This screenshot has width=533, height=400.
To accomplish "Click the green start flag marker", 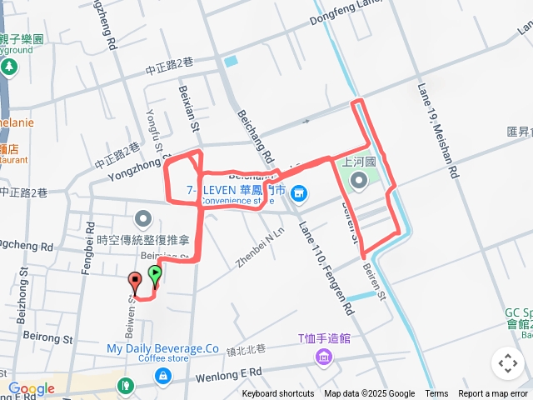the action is pyautogui.click(x=155, y=272).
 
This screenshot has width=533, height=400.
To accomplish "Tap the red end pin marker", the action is pyautogui.click(x=135, y=282).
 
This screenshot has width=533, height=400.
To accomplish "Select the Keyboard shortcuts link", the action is pyautogui.click(x=278, y=394).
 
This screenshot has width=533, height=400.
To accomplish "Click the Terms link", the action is pyautogui.click(x=436, y=394).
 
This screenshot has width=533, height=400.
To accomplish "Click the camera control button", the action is pyautogui.click(x=507, y=363).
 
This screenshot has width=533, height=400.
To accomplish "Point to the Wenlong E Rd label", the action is pyautogui.click(x=228, y=376).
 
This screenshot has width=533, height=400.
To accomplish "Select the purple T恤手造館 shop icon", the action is pyautogui.click(x=322, y=358).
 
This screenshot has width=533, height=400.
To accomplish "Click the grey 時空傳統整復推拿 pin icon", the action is pyautogui.click(x=143, y=220).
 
